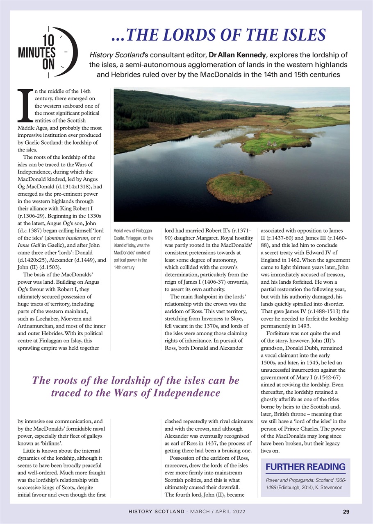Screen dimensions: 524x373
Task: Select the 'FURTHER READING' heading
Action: (x=305, y=467)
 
